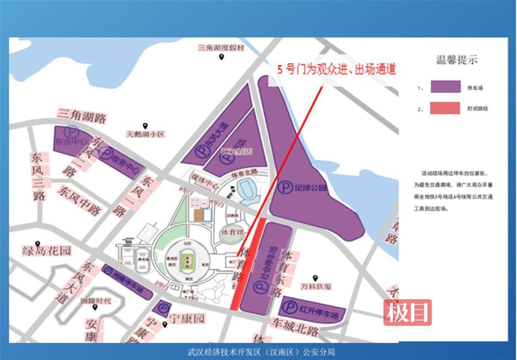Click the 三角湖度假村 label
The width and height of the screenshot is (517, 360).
[221, 48]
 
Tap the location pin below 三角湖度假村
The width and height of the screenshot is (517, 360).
[221, 57]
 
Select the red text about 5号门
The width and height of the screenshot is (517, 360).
[336, 69]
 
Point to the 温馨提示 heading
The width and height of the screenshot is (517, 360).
[457, 60]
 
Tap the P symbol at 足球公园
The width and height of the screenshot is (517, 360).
[284, 188]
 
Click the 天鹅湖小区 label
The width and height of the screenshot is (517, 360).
[145, 134]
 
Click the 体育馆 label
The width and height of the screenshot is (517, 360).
[232, 232]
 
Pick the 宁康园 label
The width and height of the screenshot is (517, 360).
[187, 319]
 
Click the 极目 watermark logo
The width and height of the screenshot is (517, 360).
[408, 312]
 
